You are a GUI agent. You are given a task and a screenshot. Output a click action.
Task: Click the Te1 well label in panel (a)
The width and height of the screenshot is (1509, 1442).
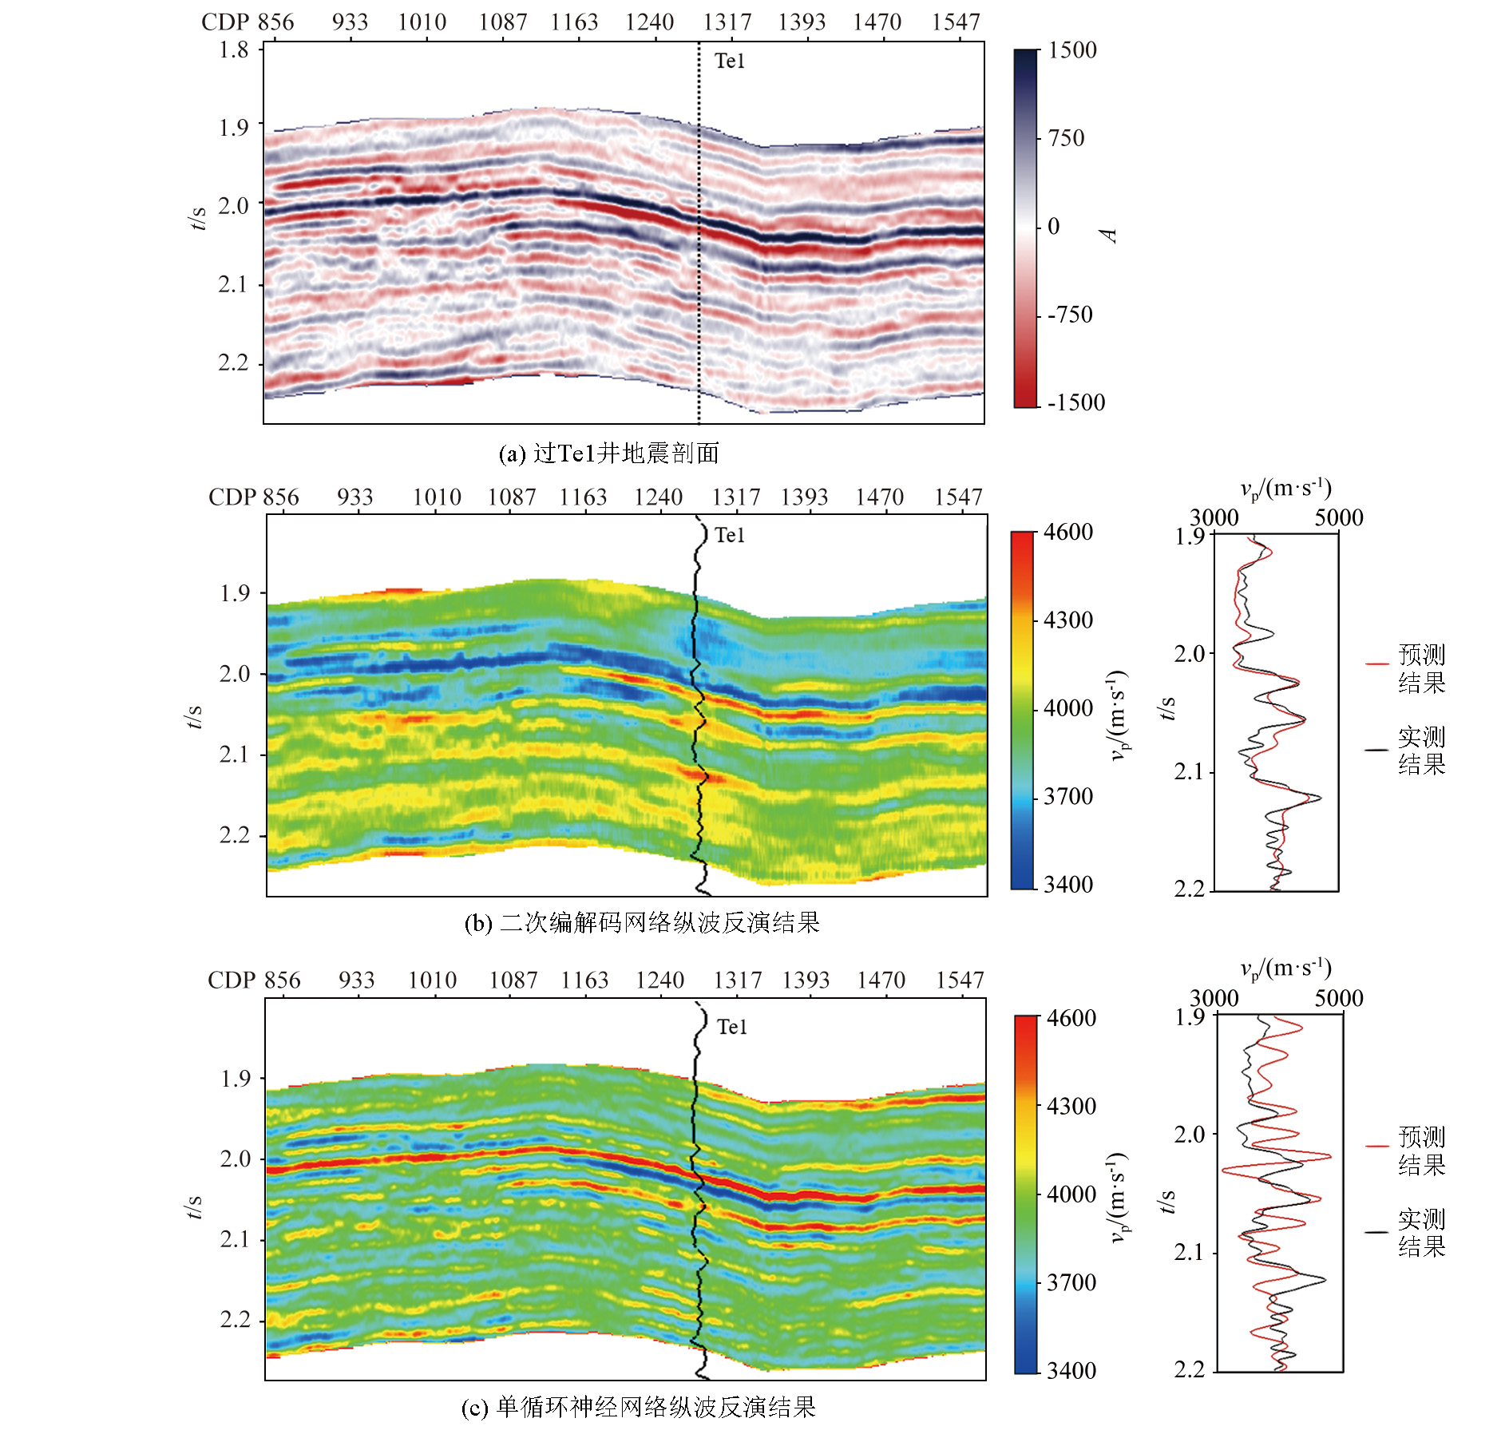coord(729,61)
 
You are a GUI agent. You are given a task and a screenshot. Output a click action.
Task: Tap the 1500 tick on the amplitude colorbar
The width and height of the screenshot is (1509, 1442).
coord(1072,50)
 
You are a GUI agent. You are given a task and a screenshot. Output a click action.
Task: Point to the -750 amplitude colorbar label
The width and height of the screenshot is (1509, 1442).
coord(1070,315)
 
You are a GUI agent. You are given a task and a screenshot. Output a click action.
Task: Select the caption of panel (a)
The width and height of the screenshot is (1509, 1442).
coord(608,454)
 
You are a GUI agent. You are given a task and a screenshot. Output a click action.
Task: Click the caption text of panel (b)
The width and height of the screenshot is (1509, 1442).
coord(642,923)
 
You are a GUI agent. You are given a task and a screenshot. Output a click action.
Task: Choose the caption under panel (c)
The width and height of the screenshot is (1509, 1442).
coord(639,1407)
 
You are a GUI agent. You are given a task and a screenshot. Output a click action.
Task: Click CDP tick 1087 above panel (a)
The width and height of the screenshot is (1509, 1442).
coord(503,22)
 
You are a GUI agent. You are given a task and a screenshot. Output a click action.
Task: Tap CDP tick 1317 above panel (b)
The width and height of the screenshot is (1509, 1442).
coord(736,497)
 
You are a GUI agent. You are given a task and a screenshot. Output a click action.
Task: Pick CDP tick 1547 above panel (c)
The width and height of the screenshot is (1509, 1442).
coord(960,980)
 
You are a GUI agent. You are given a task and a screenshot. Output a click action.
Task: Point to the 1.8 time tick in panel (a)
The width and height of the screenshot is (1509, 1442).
coord(234,50)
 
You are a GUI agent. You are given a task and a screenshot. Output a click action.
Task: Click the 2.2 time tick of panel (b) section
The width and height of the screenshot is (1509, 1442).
coord(235,835)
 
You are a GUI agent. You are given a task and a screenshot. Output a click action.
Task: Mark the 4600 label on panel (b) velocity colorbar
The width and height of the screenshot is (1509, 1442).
coord(1068,532)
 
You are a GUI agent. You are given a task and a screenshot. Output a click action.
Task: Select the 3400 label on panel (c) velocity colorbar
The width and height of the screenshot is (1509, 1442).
coord(1071,1370)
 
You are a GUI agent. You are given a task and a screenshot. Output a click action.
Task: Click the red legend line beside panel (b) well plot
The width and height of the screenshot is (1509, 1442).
coord(1377,664)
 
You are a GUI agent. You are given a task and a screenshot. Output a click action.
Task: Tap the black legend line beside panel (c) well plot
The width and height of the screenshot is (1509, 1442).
coord(1377,1232)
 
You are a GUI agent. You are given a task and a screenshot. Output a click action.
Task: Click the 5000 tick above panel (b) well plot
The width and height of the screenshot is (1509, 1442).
coord(1339,517)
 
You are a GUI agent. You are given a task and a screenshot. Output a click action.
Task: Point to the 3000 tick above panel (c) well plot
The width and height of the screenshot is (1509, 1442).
coord(1214,998)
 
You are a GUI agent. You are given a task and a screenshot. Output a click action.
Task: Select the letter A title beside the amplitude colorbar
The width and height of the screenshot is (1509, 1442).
coord(1108,235)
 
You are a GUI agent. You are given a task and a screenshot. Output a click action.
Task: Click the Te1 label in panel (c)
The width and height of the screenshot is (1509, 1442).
coord(732,1027)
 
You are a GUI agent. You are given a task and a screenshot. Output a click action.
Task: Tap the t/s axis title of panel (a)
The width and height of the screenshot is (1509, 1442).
coord(197,217)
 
